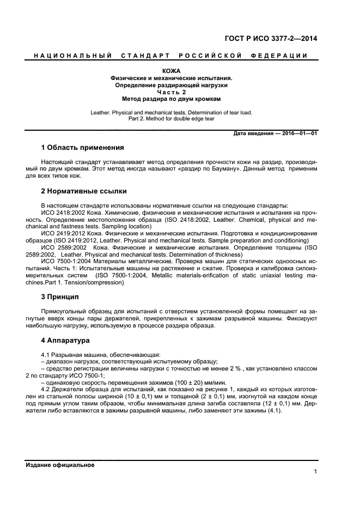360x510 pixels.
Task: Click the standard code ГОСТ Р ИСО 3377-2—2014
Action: [x=271, y=38]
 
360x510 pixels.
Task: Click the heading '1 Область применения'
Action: [x=83, y=148]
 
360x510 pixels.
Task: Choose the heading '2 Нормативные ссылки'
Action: [x=84, y=191]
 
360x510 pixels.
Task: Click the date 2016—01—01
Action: [x=299, y=133]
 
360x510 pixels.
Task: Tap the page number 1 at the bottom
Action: [x=315, y=472]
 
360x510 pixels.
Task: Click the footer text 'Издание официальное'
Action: [x=60, y=465]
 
